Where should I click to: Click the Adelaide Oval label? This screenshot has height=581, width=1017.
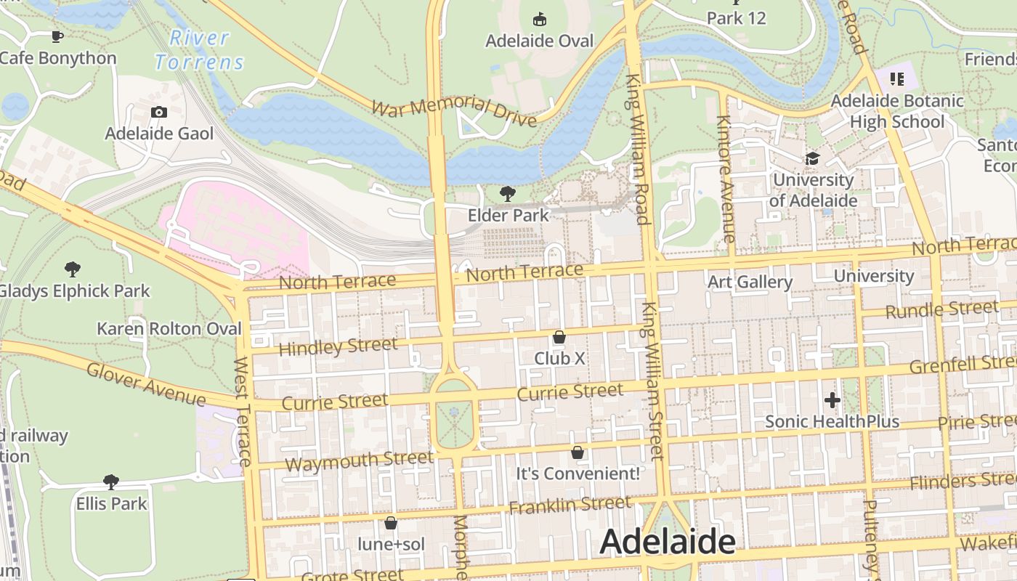pos(539,41)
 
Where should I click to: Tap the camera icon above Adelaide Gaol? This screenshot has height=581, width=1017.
pos(159,112)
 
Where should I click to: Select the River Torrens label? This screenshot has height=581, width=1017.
pos(200,50)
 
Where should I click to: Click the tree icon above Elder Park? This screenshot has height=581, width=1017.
pos(508,193)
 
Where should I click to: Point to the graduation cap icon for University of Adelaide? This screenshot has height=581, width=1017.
pos(812,158)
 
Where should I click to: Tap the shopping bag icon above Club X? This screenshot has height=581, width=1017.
pos(559,337)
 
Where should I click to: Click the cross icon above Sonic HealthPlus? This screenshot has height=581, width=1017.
pos(832,399)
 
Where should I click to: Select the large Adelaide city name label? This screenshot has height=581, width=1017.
pos(668,542)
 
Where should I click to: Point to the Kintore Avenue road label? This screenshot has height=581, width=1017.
pos(725,178)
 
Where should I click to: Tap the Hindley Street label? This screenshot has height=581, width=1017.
pos(338,346)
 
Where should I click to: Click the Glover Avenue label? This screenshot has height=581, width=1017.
pos(145,384)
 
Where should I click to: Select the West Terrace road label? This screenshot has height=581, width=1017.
pos(243,411)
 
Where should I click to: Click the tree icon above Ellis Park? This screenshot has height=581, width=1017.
pos(111,482)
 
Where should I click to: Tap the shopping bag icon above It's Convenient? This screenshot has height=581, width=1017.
pos(578,452)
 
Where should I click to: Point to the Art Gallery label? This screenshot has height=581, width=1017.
pos(750,282)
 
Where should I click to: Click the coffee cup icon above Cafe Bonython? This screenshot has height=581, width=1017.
pos(57,36)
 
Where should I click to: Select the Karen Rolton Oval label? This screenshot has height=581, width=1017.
pos(169,328)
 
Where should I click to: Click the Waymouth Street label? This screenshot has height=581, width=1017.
pos(359,460)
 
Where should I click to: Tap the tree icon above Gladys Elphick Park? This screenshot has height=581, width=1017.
pos(72,269)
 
